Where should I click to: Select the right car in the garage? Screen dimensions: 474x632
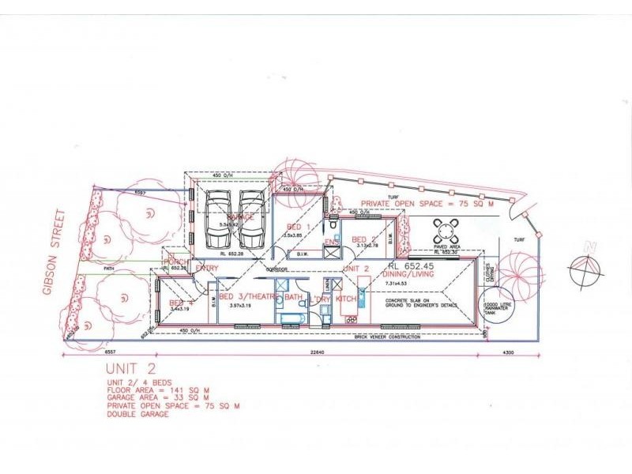click(x=253, y=218)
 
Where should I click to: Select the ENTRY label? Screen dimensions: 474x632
click(x=207, y=269)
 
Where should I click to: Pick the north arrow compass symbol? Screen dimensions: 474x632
click(x=585, y=270)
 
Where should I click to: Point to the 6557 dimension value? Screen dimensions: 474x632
click(x=110, y=353)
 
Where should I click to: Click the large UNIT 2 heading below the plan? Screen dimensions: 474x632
click(x=130, y=369)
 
